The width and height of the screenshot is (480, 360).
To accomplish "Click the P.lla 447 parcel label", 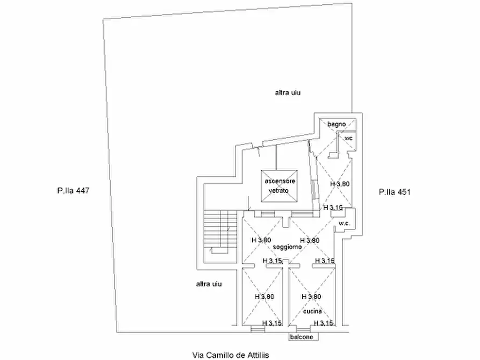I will pos(72,190).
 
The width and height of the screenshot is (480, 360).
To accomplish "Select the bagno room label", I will pos(336,124).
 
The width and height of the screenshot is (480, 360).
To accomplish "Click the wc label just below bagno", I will pos(348,139).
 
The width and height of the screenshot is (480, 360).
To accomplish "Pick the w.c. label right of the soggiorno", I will pos(345,223).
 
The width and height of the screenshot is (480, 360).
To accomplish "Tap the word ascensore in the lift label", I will pos(280,181).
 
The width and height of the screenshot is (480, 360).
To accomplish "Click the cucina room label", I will pos(312,311).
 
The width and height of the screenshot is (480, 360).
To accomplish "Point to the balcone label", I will pos(302,337).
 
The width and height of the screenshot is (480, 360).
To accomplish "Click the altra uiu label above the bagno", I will pos(288,92).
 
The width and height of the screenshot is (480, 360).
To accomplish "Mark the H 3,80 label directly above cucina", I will pos(311,296).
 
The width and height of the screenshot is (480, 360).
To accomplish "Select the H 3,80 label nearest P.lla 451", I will pos(340,184).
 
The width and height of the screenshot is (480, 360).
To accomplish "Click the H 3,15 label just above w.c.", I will pos(333,207).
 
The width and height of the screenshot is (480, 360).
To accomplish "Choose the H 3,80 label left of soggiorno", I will pos(261,240).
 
